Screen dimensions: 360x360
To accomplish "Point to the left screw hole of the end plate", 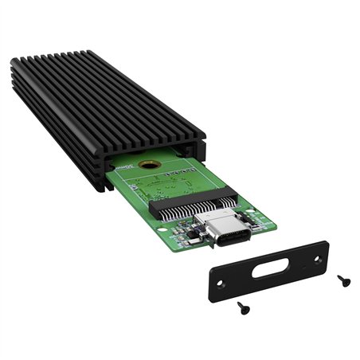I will click(x=221, y=282).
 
